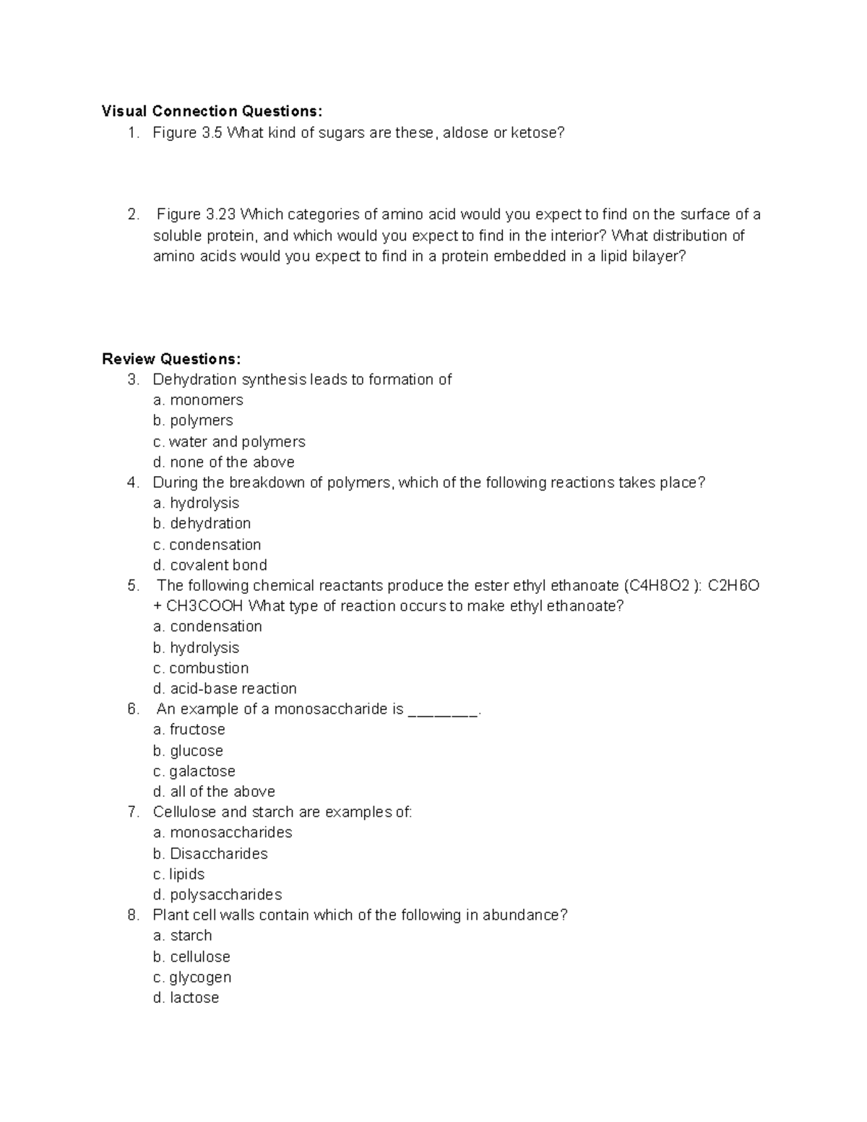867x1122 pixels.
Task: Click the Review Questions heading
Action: pyautogui.click(x=171, y=359)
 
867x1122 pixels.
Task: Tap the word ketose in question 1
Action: pyautogui.click(x=536, y=133)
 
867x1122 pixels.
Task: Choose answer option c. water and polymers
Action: pyautogui.click(x=229, y=441)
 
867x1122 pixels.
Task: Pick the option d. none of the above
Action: pyautogui.click(x=223, y=462)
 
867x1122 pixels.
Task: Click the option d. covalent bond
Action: pyautogui.click(x=210, y=565)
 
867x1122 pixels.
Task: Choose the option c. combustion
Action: pyautogui.click(x=201, y=668)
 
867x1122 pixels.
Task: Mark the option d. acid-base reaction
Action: pyautogui.click(x=225, y=689)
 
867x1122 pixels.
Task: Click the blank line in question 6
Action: pyautogui.click(x=443, y=710)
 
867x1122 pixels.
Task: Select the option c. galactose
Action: pyautogui.click(x=194, y=771)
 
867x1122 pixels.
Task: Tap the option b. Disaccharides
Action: pyautogui.click(x=210, y=854)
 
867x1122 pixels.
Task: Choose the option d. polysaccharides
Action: pyautogui.click(x=217, y=895)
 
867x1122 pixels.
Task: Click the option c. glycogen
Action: pyautogui.click(x=192, y=978)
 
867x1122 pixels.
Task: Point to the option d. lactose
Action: pyautogui.click(x=186, y=998)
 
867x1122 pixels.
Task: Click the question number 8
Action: pyautogui.click(x=133, y=915)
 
